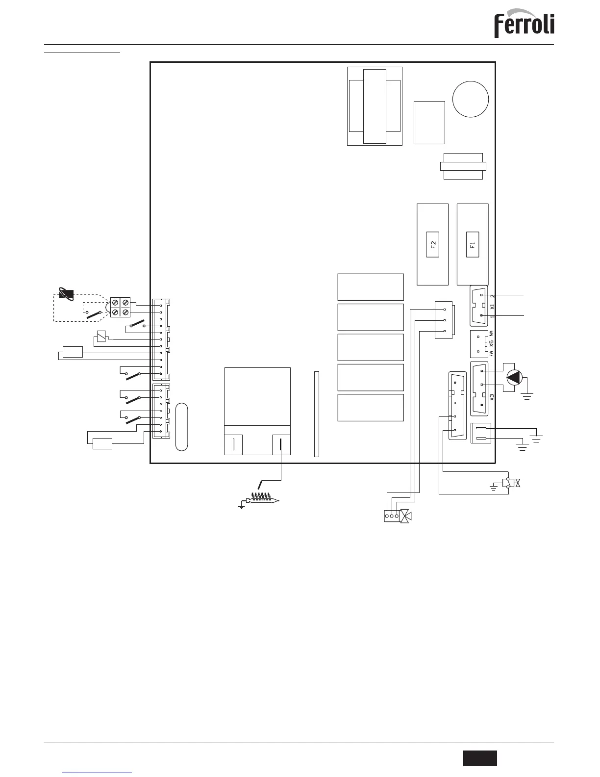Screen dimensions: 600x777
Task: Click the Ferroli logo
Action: (x=524, y=23)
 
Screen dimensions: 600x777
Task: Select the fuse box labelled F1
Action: (x=473, y=245)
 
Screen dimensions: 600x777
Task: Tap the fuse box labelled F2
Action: (x=433, y=245)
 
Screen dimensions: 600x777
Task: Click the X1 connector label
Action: (x=492, y=307)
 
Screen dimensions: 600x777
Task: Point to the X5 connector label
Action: (x=492, y=344)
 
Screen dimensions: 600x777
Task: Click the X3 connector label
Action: (x=492, y=397)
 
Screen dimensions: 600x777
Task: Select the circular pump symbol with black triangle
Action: (x=515, y=378)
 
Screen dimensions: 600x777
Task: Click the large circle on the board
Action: (x=470, y=99)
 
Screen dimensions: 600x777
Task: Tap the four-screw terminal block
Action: (x=120, y=307)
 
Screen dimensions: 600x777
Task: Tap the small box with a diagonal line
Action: (x=101, y=337)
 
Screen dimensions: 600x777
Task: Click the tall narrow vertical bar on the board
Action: (x=316, y=414)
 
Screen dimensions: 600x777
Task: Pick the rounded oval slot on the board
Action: (x=182, y=427)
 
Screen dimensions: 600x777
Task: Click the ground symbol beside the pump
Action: (x=527, y=396)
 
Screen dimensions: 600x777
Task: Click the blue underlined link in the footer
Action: (x=100, y=773)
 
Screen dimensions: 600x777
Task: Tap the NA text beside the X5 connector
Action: (x=492, y=334)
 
